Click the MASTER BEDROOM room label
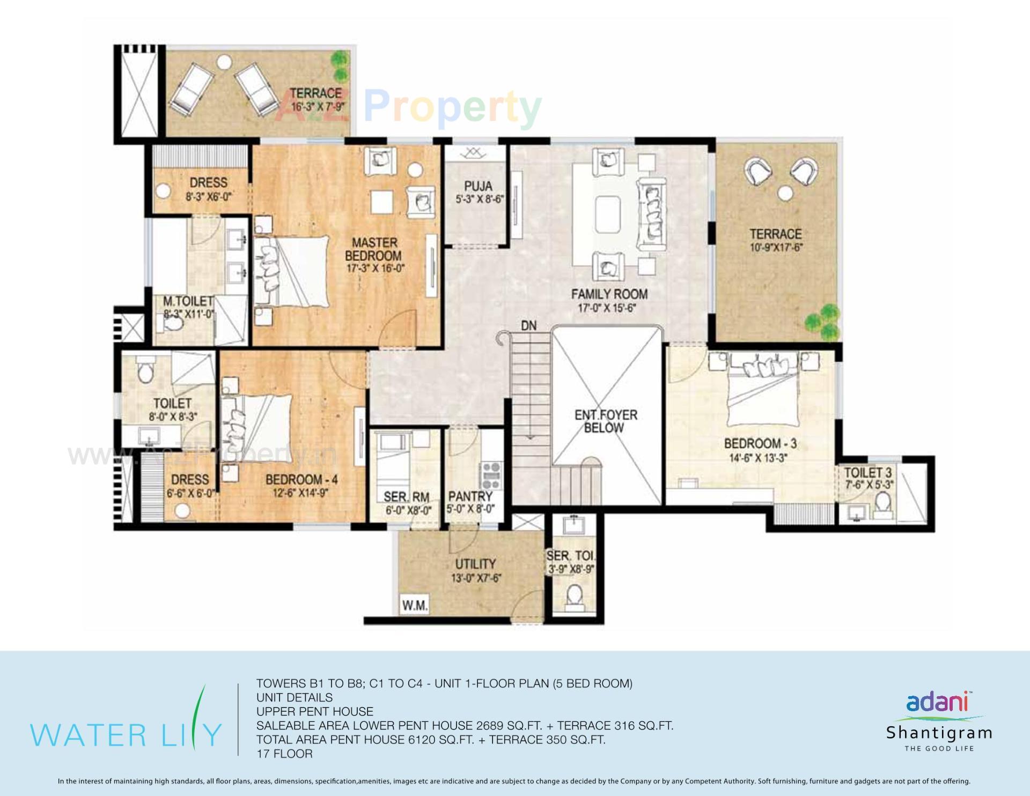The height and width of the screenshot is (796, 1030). click(374, 250)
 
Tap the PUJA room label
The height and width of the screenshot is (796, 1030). click(478, 186)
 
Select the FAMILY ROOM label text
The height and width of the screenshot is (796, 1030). click(609, 294)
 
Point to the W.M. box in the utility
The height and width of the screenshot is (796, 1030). click(415, 606)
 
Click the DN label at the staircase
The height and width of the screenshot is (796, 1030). click(528, 325)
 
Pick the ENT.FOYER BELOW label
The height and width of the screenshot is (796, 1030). click(606, 421)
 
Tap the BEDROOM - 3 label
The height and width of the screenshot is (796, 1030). click(760, 443)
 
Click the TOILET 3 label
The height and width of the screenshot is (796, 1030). click(867, 473)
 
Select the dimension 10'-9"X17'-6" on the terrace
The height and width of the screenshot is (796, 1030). click(776, 248)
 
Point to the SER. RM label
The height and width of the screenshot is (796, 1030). click(406, 497)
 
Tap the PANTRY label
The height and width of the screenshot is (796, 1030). click(470, 496)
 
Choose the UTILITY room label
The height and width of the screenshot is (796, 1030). click(475, 564)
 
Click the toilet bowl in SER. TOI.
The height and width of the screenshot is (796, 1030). click(575, 596)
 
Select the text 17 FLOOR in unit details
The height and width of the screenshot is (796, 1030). click(284, 754)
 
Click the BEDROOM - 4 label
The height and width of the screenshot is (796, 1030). click(301, 479)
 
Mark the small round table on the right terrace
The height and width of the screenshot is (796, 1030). click(786, 193)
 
